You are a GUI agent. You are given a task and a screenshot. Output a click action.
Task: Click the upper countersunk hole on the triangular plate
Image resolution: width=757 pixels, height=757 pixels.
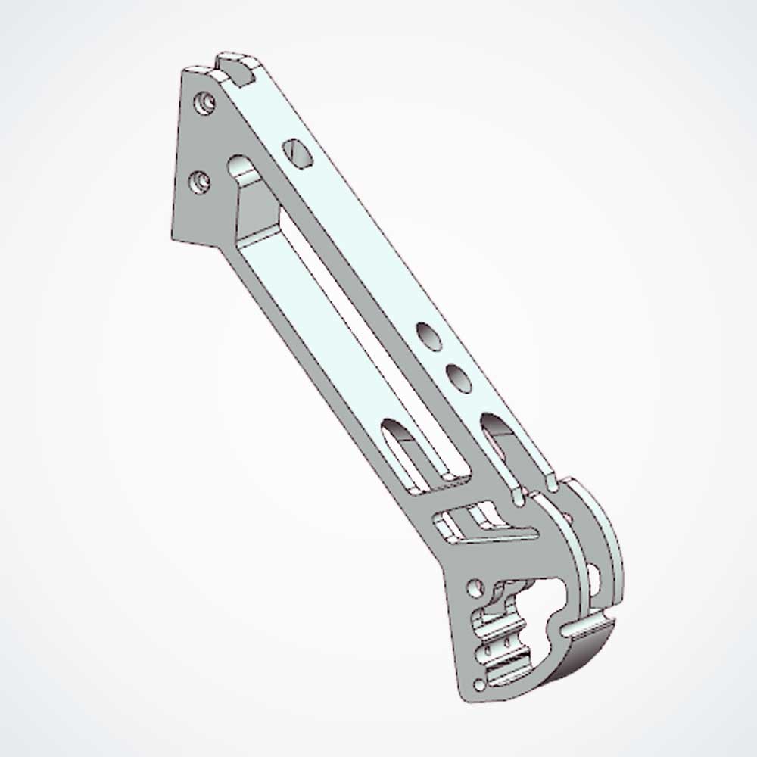202,102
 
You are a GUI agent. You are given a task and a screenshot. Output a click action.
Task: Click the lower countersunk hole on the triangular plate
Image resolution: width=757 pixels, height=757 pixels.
200,181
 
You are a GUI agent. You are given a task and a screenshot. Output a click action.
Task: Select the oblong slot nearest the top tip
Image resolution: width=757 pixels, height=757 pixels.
298,153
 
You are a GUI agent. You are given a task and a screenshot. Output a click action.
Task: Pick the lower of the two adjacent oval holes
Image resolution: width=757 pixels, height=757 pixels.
458,378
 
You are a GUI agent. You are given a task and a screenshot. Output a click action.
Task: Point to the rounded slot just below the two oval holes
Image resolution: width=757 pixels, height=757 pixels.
494,428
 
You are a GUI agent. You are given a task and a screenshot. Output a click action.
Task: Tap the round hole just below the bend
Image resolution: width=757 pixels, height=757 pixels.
475,587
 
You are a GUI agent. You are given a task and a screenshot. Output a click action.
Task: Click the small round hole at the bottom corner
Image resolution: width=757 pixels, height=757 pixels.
478,686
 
